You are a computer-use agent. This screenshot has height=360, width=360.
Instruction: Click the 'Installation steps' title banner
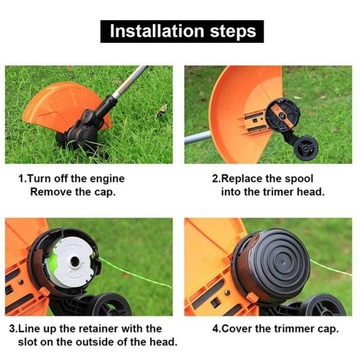pyautogui.click(x=182, y=30)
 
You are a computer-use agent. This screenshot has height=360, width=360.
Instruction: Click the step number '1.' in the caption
pyautogui.click(x=22, y=179)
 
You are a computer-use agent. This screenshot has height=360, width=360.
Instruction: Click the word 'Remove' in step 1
pyautogui.click(x=49, y=192)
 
